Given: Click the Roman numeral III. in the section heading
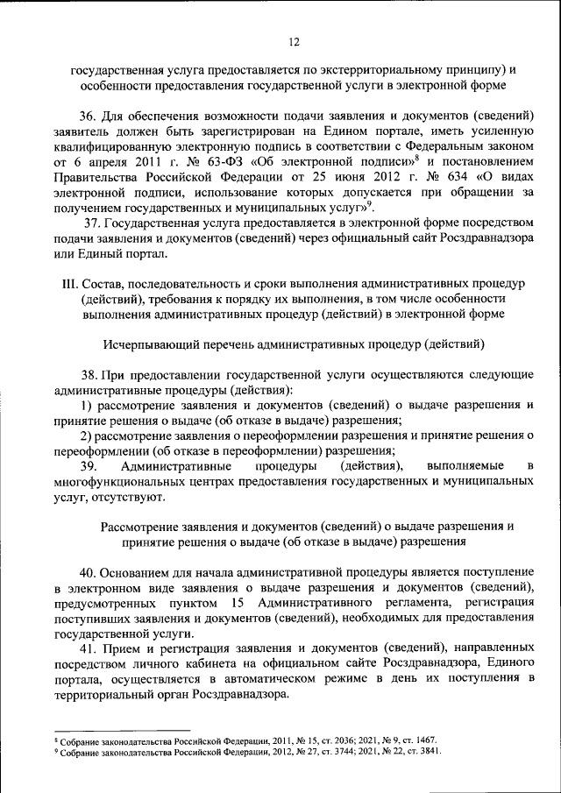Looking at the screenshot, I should [67, 284].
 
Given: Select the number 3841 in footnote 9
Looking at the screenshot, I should [427, 752].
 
